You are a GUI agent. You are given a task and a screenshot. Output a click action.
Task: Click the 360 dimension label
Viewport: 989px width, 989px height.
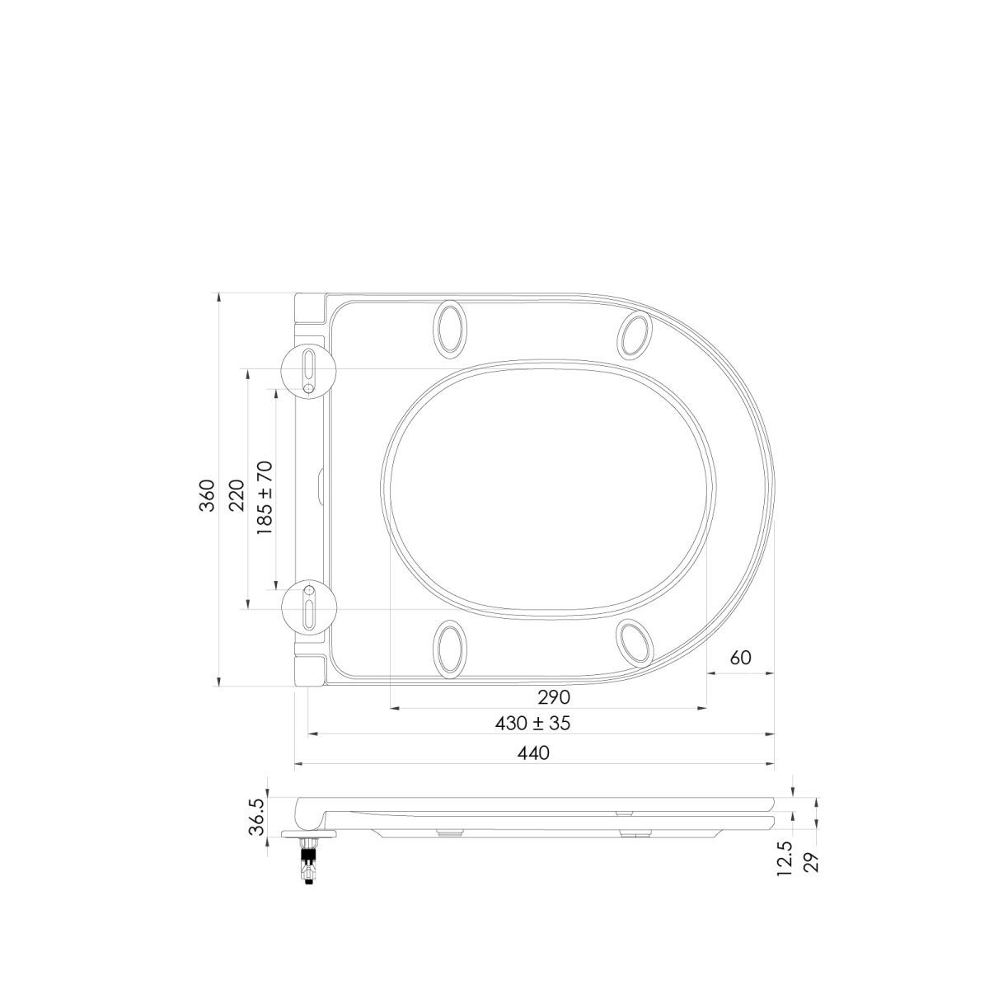point(208,496)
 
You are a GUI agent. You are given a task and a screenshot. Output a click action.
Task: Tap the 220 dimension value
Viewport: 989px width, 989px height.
point(237,496)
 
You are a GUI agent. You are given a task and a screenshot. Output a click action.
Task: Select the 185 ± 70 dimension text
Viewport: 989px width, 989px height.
point(265,499)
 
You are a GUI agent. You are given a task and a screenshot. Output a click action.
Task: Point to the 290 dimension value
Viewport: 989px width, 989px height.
point(554,697)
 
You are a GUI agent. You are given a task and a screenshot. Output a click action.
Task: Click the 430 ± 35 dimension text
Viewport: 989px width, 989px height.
point(532,723)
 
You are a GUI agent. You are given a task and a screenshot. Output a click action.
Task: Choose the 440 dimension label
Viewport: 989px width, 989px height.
point(533,752)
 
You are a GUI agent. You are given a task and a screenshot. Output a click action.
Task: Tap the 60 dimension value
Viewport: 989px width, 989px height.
point(740,658)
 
